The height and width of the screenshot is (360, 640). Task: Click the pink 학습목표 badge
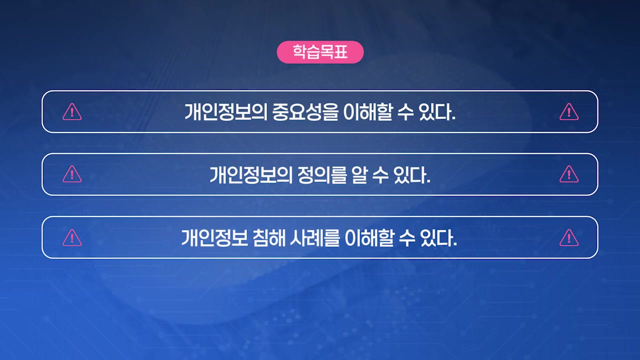click(320, 52)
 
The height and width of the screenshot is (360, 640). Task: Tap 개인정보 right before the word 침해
click(215, 238)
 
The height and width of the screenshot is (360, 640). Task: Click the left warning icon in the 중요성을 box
click(72, 112)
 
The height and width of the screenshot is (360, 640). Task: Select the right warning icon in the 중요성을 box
click(568, 112)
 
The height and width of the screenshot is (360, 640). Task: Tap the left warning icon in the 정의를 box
click(72, 174)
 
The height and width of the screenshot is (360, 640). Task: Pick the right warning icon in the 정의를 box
click(568, 174)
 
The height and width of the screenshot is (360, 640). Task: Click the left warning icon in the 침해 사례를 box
click(72, 237)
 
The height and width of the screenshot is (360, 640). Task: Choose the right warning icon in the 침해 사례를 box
click(568, 237)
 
